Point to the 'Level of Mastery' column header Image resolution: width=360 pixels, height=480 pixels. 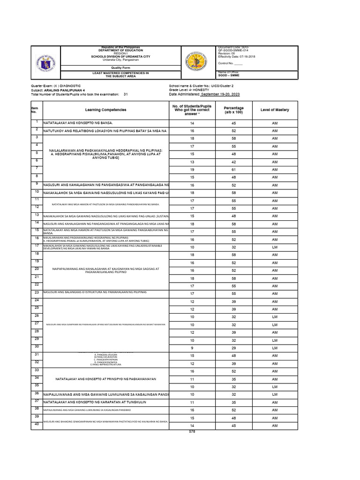(275, 110)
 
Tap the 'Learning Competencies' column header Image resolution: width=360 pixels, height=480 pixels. (105, 110)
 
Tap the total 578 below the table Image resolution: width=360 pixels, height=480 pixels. (191, 431)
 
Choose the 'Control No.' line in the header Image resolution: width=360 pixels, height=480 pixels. (231, 63)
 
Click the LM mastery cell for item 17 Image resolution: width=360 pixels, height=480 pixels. (275, 247)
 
